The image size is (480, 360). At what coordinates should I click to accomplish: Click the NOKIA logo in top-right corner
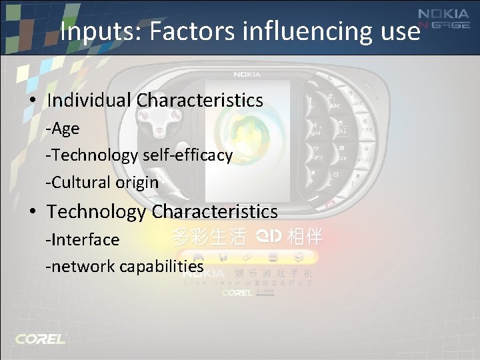[x=443, y=15]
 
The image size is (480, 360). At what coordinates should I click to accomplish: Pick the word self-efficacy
[x=187, y=155]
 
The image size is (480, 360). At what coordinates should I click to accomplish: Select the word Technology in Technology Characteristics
[x=96, y=212]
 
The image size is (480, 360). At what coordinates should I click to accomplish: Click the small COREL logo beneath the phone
[x=237, y=293]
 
